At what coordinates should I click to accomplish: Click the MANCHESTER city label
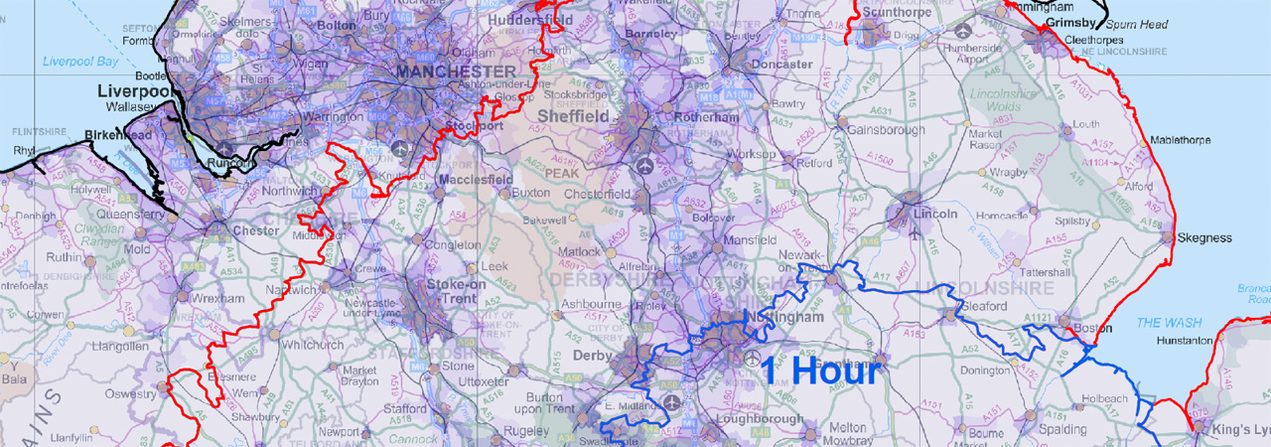(x=456, y=73)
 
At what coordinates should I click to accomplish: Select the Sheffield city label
(x=573, y=116)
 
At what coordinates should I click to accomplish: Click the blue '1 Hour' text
(x=820, y=371)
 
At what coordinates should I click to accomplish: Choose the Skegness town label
(x=1203, y=238)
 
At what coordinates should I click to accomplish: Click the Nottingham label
(x=790, y=319)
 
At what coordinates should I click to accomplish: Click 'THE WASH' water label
(x=1163, y=323)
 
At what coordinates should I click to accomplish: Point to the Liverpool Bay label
(x=80, y=62)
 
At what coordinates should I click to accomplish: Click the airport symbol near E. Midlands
(x=672, y=404)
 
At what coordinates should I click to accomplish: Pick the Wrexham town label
(x=219, y=298)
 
